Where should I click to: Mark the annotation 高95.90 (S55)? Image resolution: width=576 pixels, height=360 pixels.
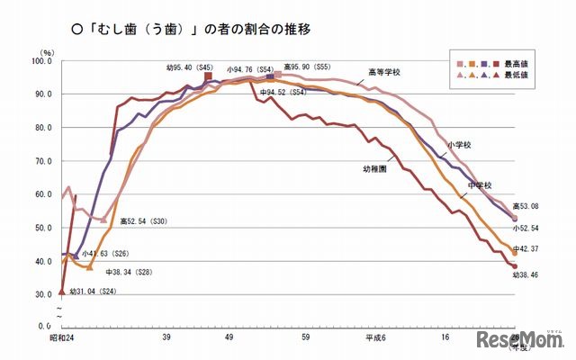point(307,67)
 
